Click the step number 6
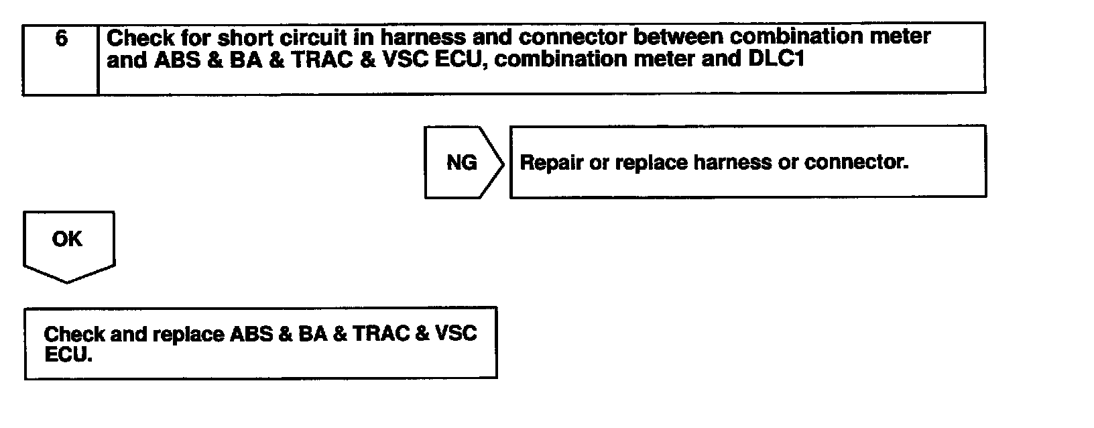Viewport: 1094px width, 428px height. [x=61, y=38]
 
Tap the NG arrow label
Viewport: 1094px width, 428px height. [x=462, y=162]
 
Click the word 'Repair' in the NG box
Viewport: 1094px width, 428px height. [x=551, y=163]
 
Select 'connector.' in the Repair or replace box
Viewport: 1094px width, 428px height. [x=857, y=163]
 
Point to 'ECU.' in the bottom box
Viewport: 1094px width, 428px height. [x=68, y=356]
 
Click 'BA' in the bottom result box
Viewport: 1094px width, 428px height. [x=312, y=334]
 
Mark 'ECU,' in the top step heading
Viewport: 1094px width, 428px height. [x=461, y=59]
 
